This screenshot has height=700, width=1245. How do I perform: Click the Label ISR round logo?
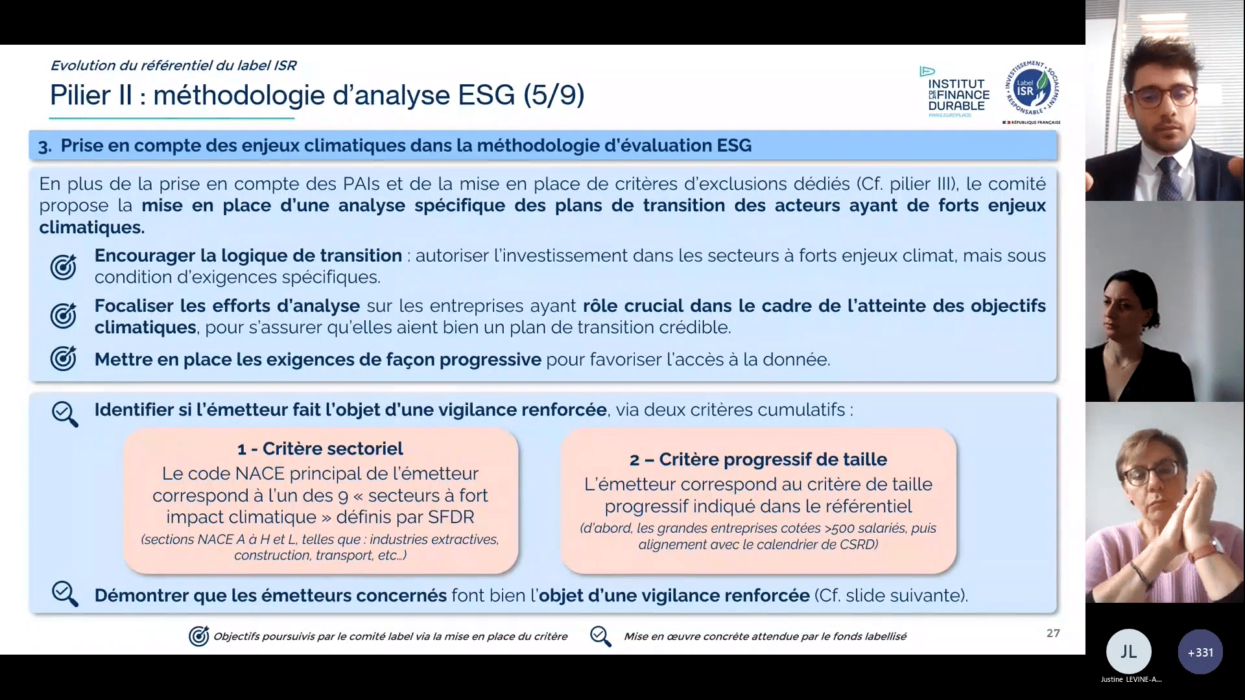1032,89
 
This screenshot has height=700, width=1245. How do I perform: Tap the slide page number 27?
1053,633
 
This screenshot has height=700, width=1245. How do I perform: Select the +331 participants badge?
1200,652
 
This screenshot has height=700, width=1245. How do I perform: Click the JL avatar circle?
1129,651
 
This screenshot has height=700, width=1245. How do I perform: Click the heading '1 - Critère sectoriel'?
320,449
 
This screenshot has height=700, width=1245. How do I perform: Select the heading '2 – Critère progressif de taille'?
758,460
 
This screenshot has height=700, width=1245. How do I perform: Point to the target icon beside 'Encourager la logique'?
64,266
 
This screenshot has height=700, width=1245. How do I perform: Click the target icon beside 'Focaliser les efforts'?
64,316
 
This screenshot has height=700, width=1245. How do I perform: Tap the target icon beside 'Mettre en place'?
64,358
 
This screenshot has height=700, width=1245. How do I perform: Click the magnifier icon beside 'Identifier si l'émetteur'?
65,414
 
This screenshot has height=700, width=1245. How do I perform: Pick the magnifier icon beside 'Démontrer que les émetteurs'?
65,594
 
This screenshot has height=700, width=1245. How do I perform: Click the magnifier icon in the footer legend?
600,636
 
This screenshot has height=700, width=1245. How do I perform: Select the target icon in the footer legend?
199,636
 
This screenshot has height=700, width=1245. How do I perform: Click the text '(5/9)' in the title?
554,95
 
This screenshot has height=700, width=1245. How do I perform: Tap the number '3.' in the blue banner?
45,146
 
